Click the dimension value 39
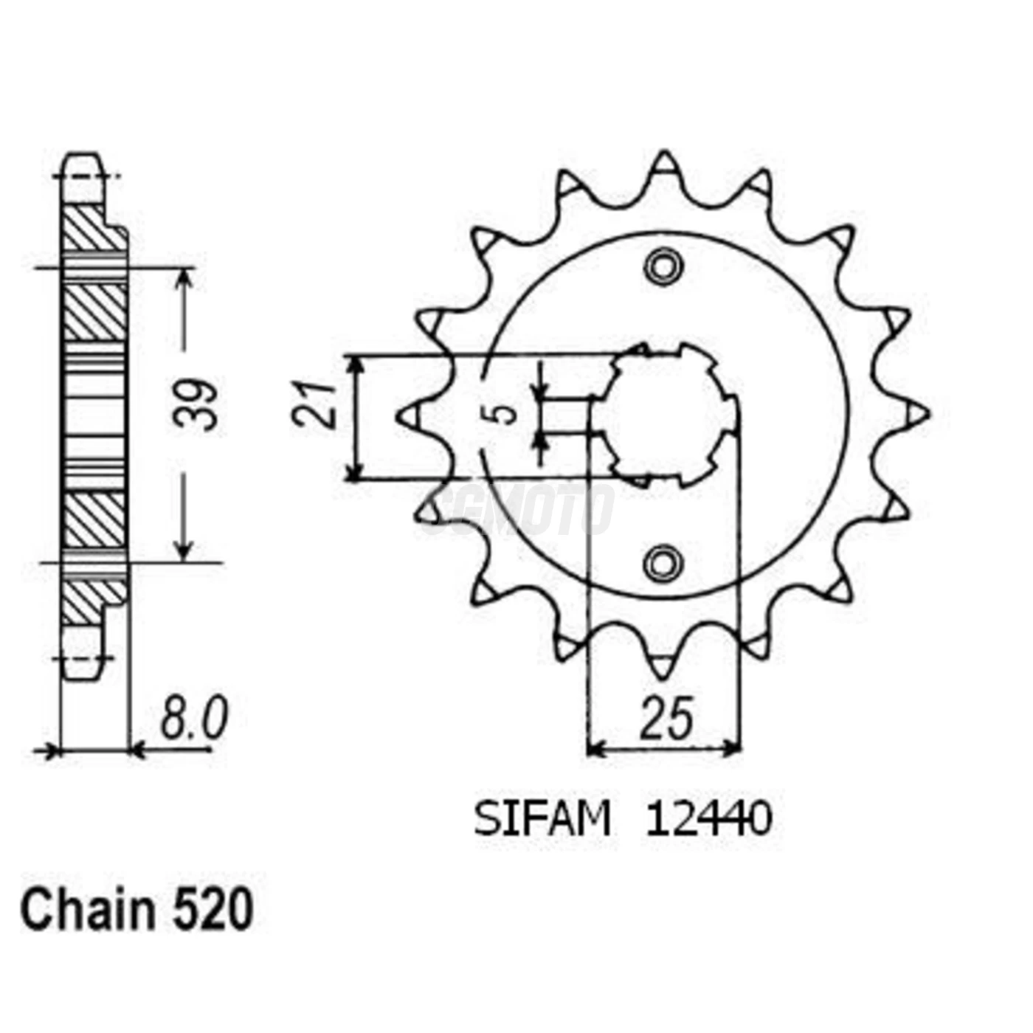[196, 405]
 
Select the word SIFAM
[542, 819]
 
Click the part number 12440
[708, 819]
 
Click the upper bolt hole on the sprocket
[663, 266]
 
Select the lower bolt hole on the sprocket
[663, 564]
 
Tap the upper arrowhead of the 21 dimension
[356, 366]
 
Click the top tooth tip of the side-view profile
[82, 159]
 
